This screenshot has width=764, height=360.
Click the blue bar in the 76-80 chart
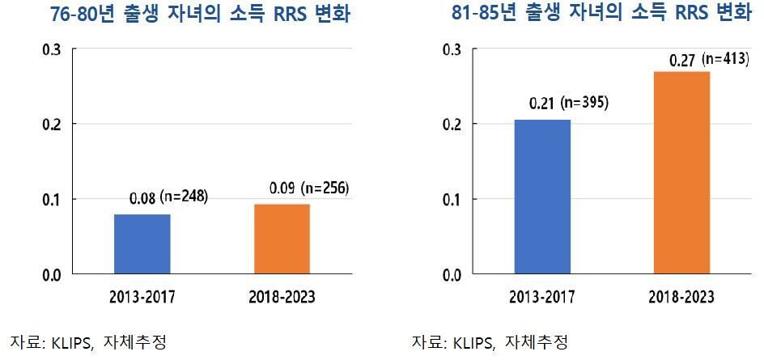tap(142, 244)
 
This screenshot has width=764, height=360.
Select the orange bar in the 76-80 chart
tap(281, 239)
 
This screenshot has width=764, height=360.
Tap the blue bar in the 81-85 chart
tap(542, 197)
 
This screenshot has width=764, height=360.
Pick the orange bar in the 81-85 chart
tap(681, 172)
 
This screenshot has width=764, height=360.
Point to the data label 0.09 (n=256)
tap(309, 188)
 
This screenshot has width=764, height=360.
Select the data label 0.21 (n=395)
tap(568, 103)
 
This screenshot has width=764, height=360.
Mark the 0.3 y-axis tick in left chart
tap(51, 49)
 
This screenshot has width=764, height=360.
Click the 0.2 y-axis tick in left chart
tap(51, 124)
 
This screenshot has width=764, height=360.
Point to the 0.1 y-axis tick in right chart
tap(452, 199)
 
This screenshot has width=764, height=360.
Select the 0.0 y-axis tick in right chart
tap(452, 274)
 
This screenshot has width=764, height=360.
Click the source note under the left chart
tap(88, 341)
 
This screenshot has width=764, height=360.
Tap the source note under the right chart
tap(490, 341)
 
